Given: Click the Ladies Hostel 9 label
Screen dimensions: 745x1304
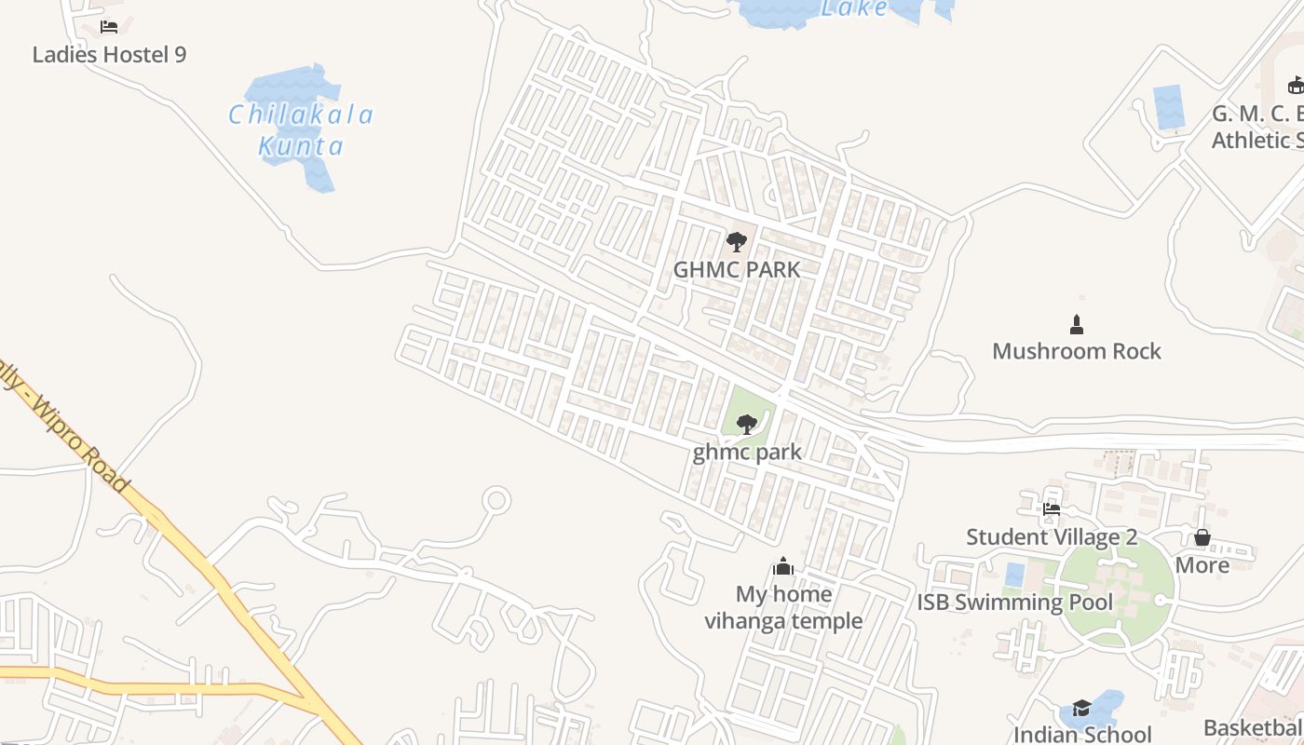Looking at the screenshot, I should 109,55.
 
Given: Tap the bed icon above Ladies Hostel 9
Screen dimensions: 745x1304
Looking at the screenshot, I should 109,26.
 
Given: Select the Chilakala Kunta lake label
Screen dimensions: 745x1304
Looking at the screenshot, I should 301,130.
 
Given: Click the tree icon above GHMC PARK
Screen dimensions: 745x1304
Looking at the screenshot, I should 737,242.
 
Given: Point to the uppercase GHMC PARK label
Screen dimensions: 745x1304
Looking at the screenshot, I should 737,270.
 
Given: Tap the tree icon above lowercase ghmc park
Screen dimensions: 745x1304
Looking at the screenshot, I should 746,425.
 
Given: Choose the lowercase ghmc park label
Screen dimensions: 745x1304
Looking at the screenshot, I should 747,453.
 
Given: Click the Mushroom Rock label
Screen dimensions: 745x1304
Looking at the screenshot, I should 1077,351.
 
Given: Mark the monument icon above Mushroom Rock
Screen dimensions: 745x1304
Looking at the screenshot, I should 1077,324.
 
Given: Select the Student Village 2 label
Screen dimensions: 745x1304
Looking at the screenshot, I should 1052,537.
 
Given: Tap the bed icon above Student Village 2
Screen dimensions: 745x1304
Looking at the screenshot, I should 1052,509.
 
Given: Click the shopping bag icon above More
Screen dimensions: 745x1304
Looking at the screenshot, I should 1202,537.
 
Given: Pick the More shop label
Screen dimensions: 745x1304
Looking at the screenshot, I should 1202,565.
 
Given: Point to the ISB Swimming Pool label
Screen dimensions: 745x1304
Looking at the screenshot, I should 1014,603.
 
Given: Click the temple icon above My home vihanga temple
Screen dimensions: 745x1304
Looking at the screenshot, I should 783,566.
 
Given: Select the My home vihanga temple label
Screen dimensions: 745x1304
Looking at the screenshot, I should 783,607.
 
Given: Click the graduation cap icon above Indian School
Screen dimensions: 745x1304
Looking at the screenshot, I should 1081,709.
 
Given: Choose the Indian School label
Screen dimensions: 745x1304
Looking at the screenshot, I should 1082,735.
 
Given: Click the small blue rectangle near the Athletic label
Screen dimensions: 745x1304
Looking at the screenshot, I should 1169,107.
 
